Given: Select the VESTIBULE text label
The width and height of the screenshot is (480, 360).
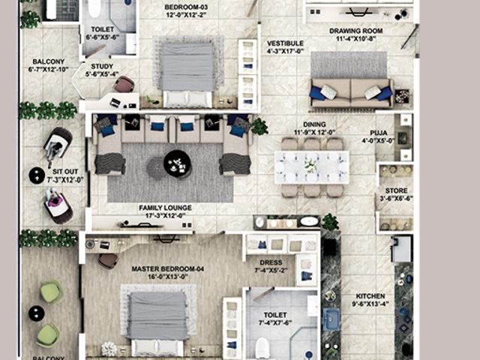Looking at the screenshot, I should coord(285,43).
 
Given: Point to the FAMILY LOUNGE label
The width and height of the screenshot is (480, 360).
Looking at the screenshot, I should coord(165,207).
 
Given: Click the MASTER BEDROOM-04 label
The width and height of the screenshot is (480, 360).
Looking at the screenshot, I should coord(168,268).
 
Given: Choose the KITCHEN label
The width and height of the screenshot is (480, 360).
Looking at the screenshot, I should coord(370,295).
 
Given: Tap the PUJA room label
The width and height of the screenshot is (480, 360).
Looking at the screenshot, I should coord(378,133).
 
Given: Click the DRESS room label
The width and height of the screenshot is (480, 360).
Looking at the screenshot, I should coord(270,262).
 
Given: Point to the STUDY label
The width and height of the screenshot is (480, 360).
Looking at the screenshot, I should coord(101,64).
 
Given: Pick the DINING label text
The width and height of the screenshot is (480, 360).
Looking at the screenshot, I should coord(313,124).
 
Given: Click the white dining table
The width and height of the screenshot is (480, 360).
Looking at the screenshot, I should coord(311,166).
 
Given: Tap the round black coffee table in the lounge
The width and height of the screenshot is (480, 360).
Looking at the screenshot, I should coord(178,163).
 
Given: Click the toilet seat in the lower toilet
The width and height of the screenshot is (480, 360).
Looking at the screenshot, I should coord(262,347).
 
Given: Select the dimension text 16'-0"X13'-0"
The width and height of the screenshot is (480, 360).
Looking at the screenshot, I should coord(168,277).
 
